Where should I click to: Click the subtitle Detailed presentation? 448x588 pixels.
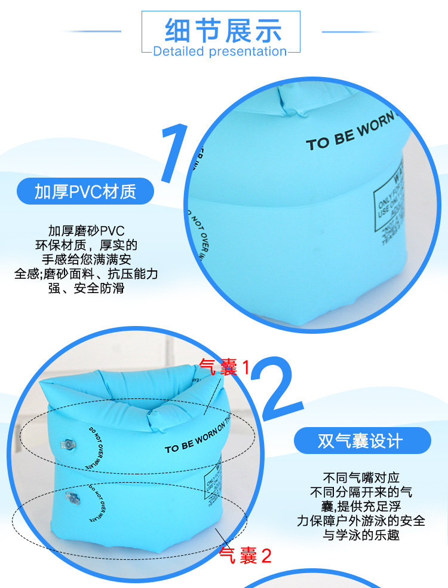[220, 51]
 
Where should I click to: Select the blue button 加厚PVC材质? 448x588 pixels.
[85, 191]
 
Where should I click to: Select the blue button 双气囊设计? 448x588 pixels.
[361, 441]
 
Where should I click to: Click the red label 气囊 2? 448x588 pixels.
[246, 556]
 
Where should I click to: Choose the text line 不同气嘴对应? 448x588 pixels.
[361, 477]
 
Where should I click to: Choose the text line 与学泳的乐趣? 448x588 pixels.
[361, 534]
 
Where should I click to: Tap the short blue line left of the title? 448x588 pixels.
[93, 32]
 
